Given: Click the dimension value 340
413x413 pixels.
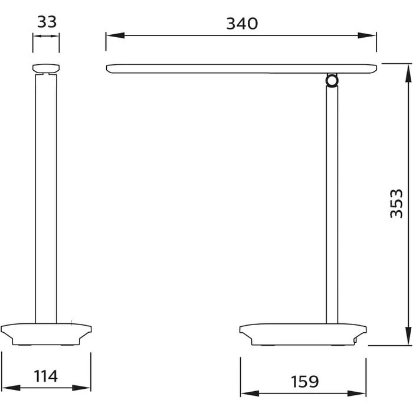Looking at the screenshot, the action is (x=242, y=24).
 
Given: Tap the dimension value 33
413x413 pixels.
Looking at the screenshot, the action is (x=47, y=22).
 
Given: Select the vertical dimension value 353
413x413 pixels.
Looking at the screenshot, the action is (x=396, y=204).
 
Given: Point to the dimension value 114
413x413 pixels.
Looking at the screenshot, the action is (x=45, y=376).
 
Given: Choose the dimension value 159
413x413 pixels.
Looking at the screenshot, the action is (x=305, y=381).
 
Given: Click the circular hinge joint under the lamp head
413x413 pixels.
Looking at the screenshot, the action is (x=332, y=80).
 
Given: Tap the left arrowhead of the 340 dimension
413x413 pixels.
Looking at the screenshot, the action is (x=115, y=35).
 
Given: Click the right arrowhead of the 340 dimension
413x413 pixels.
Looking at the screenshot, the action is (x=366, y=35).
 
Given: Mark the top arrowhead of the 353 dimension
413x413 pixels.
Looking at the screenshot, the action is (x=408, y=73).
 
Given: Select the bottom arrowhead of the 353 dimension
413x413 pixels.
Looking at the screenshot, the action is (x=408, y=336).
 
